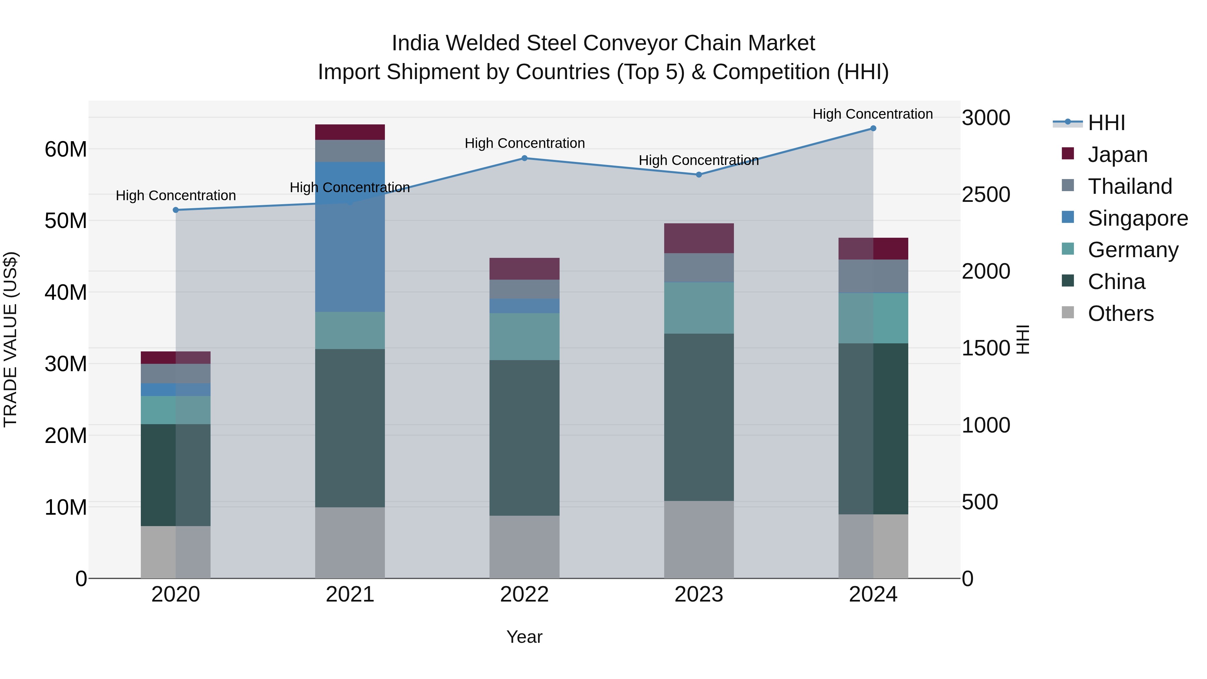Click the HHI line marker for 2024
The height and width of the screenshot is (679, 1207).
[873, 128]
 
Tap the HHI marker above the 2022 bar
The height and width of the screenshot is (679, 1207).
[524, 158]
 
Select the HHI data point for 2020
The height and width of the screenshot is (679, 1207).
[176, 210]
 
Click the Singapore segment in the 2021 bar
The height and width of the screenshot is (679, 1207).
[350, 237]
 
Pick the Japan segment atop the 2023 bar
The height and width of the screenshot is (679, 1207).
[699, 238]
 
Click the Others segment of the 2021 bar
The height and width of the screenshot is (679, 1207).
[350, 543]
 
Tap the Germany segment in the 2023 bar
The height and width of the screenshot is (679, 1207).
[699, 308]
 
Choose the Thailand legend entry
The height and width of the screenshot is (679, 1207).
[1130, 186]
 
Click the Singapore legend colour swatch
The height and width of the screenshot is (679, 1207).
[1068, 217]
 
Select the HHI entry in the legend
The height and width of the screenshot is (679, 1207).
[1106, 123]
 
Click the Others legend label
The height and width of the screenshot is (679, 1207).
[1120, 314]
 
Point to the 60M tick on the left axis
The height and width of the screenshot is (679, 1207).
[66, 150]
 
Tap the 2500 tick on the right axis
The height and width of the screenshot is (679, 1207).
[986, 194]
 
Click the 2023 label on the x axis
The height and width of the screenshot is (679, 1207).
[699, 595]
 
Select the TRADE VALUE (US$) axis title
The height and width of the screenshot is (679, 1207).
[10, 339]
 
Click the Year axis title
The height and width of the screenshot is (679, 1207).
[524, 637]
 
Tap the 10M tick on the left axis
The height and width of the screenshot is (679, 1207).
[66, 507]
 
